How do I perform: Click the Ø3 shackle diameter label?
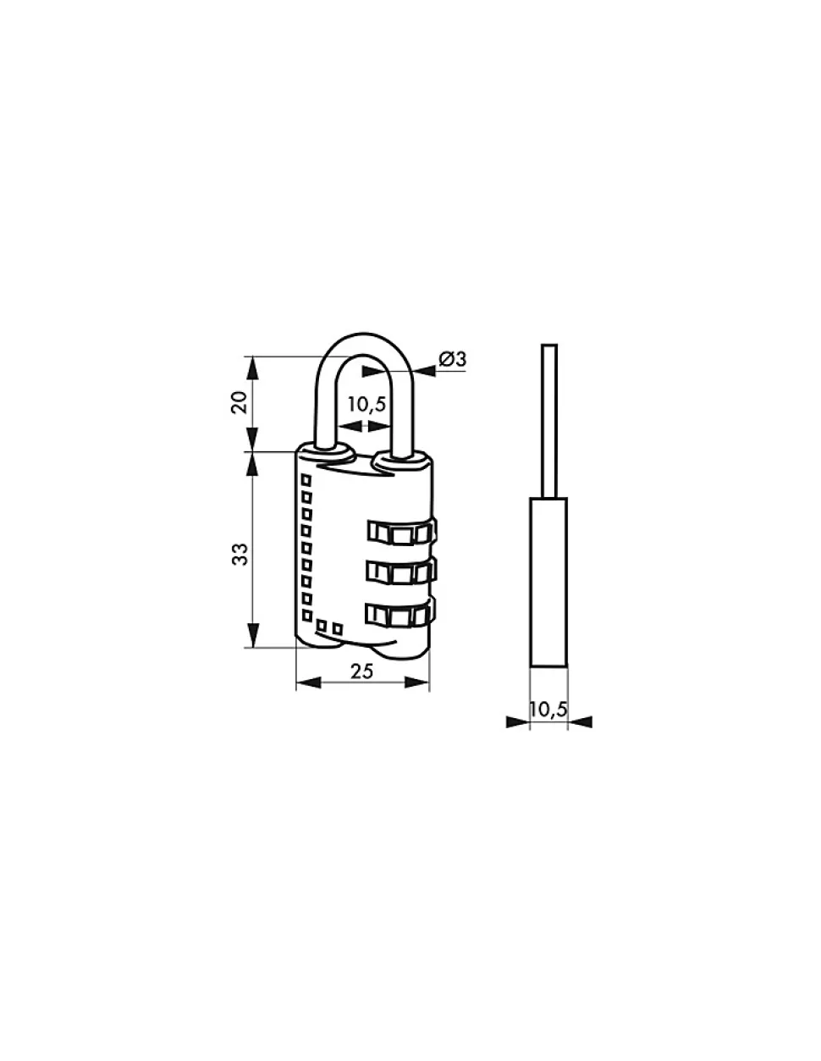click(452, 359)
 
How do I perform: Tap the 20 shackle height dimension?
click(240, 402)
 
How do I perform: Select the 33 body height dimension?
click(240, 554)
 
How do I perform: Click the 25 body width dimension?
click(361, 671)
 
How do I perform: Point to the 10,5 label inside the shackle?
click(366, 404)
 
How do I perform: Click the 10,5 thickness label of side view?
click(548, 709)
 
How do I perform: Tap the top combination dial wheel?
click(401, 532)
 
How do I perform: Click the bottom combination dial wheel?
click(400, 615)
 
